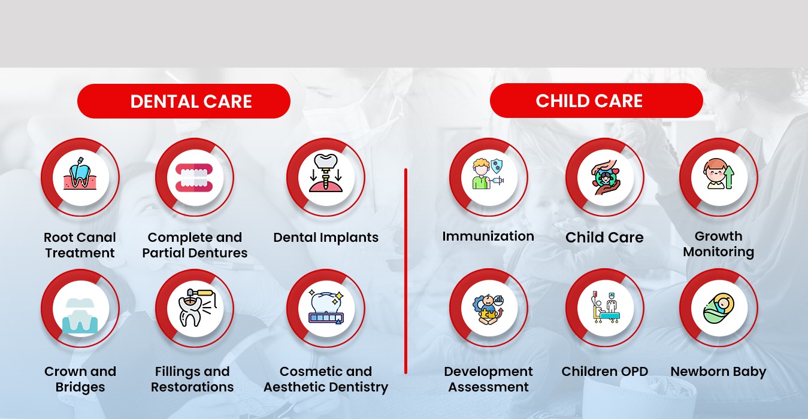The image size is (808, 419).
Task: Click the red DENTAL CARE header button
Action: point(184,101)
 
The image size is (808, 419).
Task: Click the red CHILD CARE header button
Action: point(596,101)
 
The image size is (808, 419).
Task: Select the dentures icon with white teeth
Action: point(195,177)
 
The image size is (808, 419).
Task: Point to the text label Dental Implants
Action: point(326,238)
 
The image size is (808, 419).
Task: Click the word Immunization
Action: point(488,236)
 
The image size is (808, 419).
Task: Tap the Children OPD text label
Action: point(604,371)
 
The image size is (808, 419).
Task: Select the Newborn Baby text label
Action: point(718,372)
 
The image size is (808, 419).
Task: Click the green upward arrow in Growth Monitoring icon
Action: point(729,177)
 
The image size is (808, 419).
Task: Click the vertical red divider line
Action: point(406,271)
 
